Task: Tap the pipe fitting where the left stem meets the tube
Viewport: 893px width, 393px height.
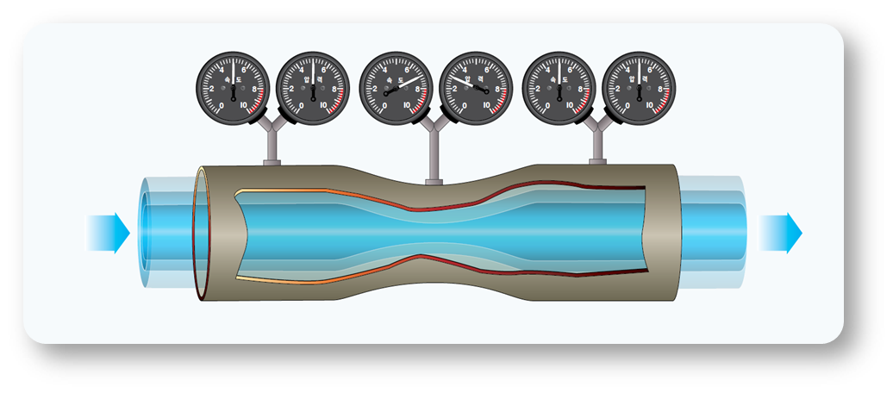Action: click(269, 161)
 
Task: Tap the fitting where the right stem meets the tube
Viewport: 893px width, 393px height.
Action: click(596, 161)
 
